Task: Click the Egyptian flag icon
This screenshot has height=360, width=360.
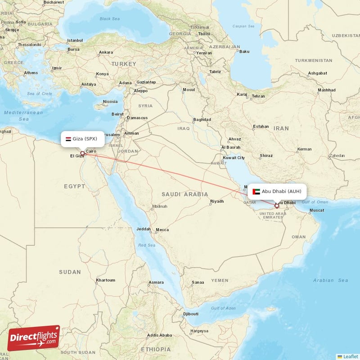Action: coord(68,139)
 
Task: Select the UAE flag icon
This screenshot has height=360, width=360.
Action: coord(256,191)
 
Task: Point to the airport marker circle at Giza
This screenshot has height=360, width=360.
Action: coord(82,153)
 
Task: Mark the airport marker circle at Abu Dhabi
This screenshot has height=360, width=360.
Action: coord(277,206)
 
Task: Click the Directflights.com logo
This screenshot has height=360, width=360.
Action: coord(34,338)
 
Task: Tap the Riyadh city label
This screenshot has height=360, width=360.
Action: coord(217,201)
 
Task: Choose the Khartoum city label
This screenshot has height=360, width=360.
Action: coord(105,280)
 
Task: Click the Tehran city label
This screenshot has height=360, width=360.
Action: coord(258,96)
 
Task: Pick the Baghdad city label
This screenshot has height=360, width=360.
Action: coord(202,119)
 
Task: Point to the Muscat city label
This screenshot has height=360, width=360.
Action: coord(317,210)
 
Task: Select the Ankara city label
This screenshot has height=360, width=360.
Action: coord(106,52)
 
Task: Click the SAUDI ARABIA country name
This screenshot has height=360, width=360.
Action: coord(185,194)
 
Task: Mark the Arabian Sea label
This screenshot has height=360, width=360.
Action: coord(330,280)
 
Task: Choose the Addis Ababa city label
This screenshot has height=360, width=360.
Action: coord(159,335)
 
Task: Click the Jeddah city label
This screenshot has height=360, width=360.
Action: coord(144,229)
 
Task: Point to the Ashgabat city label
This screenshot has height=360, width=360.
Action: coord(317,73)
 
